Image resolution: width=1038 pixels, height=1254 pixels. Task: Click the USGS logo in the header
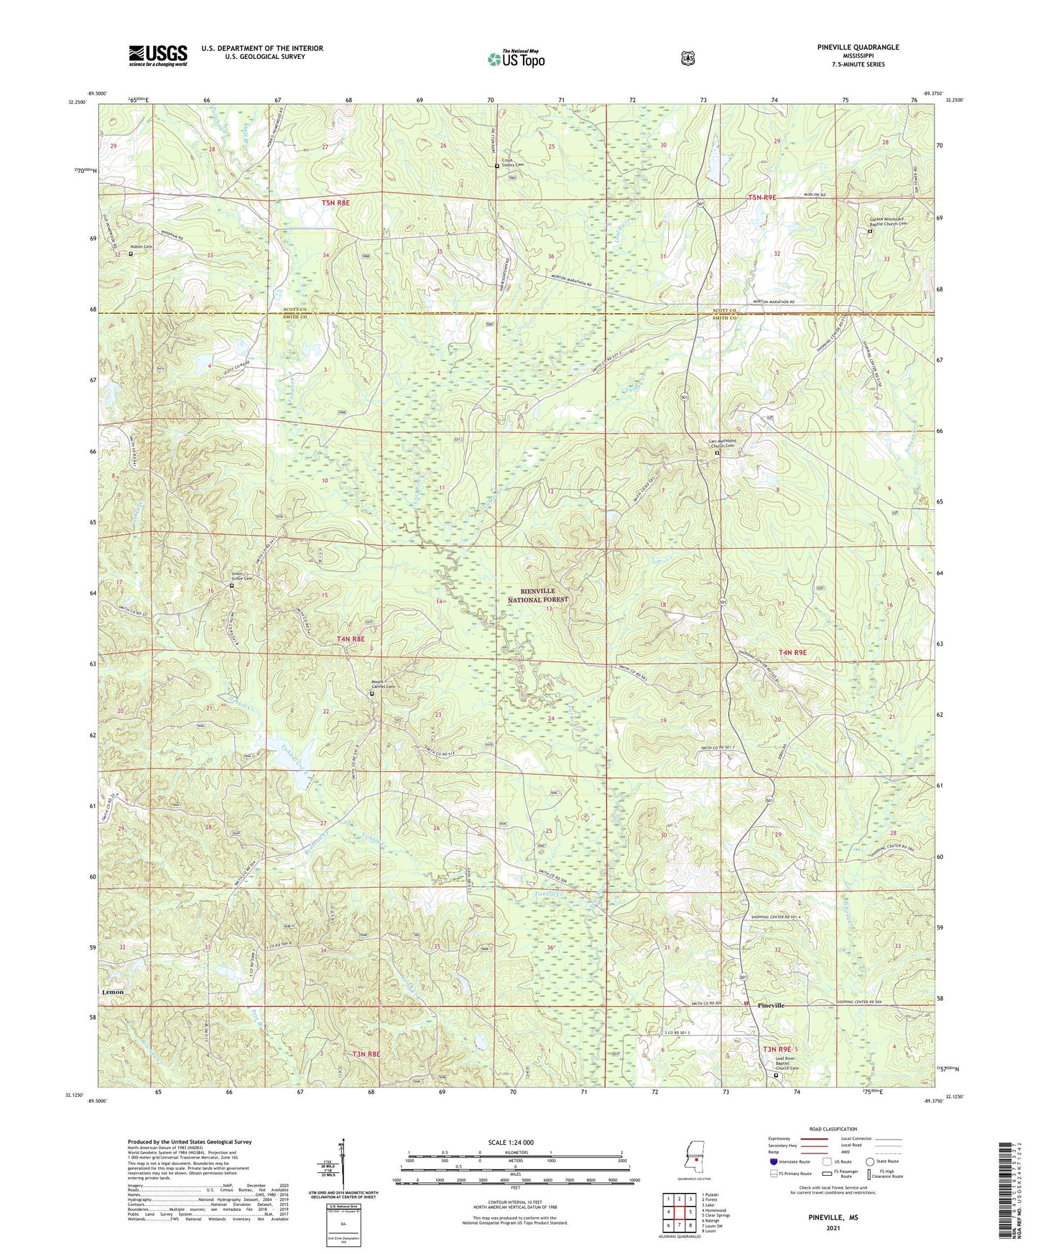pos(158,55)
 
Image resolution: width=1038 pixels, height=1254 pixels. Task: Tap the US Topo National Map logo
pos(516,59)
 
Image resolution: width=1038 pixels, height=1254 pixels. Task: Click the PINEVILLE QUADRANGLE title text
pos(858,47)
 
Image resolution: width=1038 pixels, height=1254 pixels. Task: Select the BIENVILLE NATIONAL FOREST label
pos(538,595)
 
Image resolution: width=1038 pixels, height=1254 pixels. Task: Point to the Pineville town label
pos(771,1005)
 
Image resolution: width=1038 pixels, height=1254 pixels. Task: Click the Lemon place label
pos(113,992)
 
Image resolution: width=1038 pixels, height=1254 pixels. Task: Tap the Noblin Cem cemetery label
pos(142,247)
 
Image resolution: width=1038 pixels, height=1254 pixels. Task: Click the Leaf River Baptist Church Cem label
pos(787,1064)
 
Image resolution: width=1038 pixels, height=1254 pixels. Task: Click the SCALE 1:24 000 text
pos(515,1142)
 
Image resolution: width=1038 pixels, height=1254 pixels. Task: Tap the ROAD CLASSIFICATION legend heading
pos(833,1129)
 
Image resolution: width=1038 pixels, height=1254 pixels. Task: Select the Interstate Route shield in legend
pos(773,1161)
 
